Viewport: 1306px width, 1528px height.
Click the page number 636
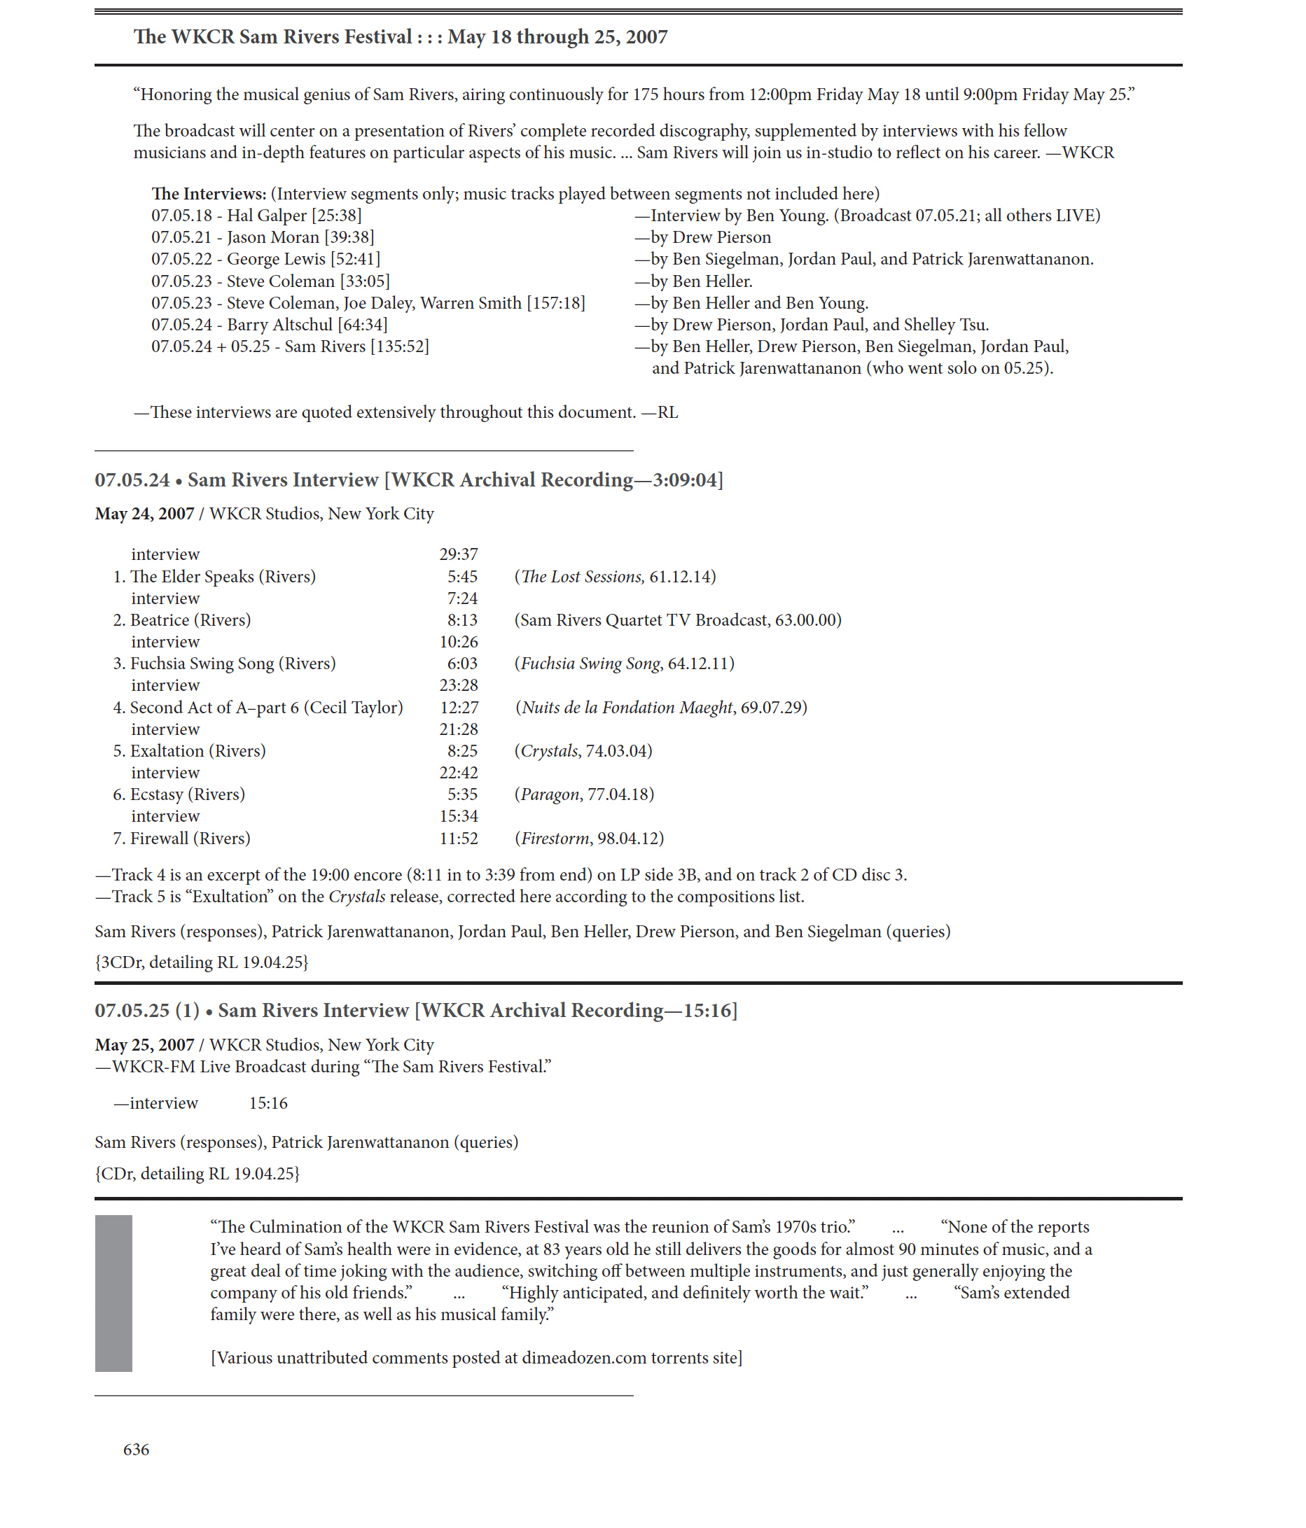[136, 1449]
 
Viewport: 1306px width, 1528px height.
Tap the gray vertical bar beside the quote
[113, 1293]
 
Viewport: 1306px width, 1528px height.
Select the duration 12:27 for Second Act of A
[459, 707]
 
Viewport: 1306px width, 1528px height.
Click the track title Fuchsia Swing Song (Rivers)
[232, 663]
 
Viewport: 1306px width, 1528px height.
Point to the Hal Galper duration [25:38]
[336, 216]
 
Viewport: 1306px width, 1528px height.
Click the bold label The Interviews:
[209, 193]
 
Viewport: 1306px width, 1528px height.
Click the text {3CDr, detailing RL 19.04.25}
[202, 962]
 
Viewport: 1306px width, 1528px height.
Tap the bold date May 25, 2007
[145, 1044]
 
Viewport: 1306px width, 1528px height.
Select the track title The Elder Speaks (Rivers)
[222, 576]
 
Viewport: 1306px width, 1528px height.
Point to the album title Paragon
[550, 794]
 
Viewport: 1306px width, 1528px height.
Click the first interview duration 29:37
[459, 554]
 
